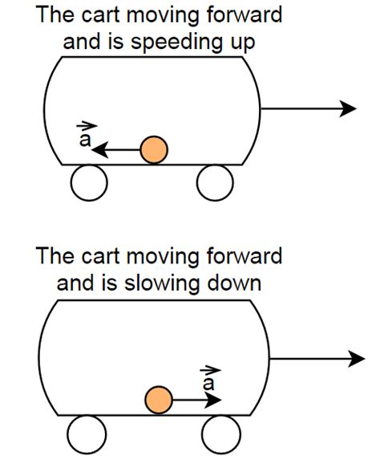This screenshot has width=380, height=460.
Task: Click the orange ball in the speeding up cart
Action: pos(153,149)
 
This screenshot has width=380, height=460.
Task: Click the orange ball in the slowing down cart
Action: pos(160,399)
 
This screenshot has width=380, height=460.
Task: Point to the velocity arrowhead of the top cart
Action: pos(347,108)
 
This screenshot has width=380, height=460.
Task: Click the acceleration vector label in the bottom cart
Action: pos(210,380)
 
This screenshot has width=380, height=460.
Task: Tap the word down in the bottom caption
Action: pos(238,283)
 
